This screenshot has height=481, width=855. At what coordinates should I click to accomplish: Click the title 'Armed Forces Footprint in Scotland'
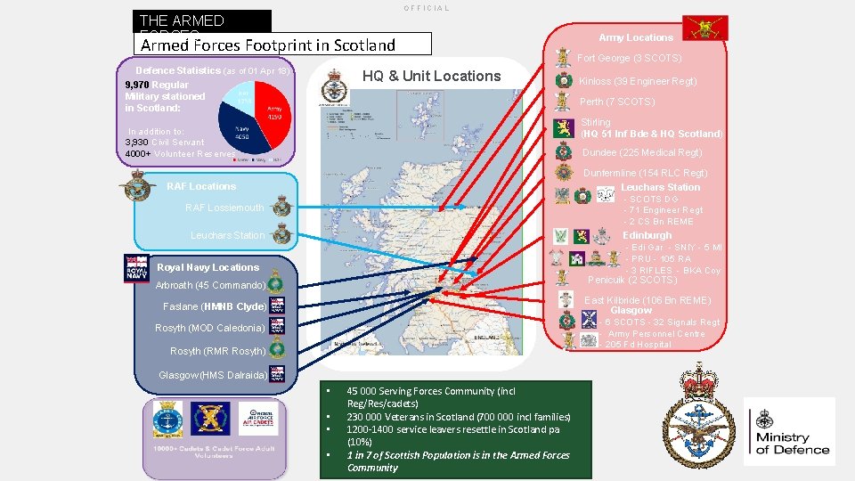click(267, 45)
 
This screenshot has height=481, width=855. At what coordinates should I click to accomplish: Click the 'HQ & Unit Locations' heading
click(431, 77)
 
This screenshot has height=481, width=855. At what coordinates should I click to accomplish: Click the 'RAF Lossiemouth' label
click(224, 208)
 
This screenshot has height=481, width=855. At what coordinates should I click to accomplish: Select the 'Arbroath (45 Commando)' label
click(210, 285)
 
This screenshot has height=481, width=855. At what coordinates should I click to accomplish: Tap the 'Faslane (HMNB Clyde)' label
click(215, 306)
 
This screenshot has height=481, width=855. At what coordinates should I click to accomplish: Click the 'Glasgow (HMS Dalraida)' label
click(213, 375)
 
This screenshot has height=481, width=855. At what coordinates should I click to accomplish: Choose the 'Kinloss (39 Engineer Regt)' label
click(638, 81)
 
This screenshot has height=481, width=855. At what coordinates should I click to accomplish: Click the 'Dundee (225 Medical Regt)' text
click(641, 152)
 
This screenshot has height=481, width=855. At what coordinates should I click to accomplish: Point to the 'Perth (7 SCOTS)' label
click(617, 102)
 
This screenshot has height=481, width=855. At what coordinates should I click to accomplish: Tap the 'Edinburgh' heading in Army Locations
click(647, 235)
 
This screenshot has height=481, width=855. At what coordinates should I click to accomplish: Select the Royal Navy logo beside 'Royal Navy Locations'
click(137, 268)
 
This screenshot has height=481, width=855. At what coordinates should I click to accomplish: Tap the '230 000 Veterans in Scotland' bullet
click(459, 416)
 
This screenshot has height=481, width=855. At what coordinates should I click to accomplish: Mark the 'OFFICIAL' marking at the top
click(427, 8)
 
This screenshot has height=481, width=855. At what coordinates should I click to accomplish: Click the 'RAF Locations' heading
click(201, 186)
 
